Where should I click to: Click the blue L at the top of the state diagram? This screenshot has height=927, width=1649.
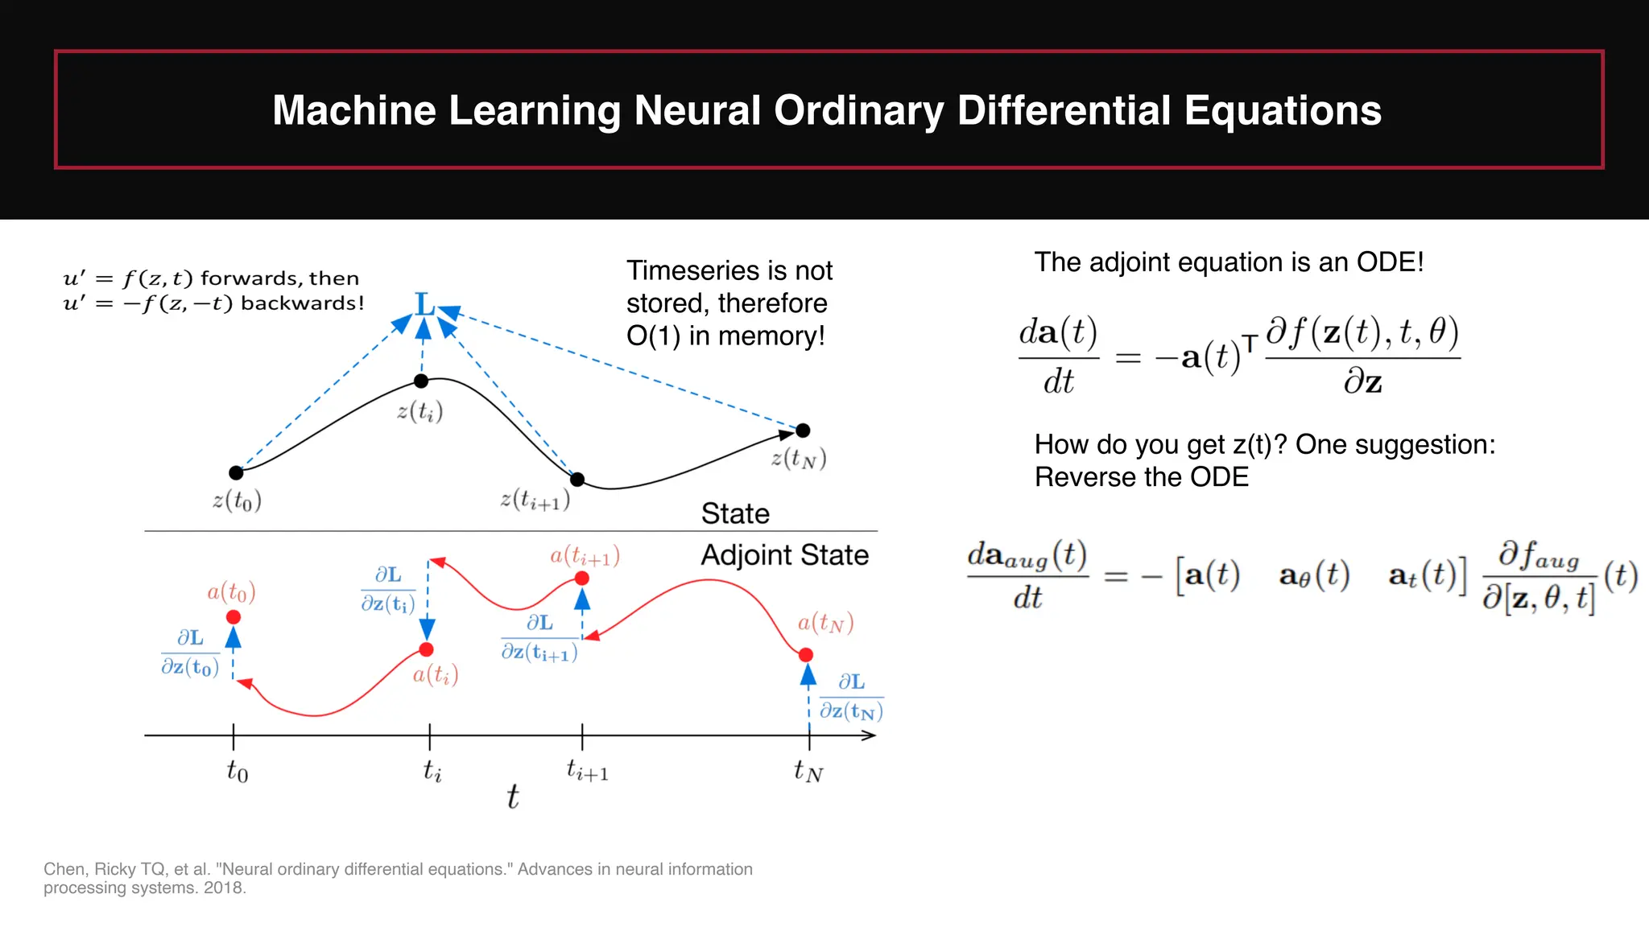click(x=424, y=305)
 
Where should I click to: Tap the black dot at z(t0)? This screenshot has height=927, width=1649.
click(x=236, y=472)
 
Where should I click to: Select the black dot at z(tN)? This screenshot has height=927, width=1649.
click(x=803, y=431)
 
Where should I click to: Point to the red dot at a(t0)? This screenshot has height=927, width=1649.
click(x=234, y=617)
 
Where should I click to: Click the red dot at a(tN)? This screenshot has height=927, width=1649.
click(x=806, y=655)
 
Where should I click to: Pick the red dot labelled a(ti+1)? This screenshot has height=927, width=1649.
click(x=582, y=579)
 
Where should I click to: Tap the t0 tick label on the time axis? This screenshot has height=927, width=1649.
click(x=237, y=771)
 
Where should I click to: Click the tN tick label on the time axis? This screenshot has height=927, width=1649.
click(x=808, y=771)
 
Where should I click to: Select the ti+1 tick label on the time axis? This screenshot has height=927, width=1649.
click(x=587, y=771)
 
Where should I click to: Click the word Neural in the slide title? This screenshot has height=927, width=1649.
click(x=696, y=110)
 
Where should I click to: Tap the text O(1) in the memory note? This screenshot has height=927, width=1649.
click(x=653, y=336)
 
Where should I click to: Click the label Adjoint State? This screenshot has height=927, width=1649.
click(x=784, y=555)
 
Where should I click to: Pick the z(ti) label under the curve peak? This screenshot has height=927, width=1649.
click(x=419, y=412)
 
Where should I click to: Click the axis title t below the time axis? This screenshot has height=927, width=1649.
click(x=513, y=797)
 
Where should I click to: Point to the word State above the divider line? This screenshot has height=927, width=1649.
click(x=735, y=513)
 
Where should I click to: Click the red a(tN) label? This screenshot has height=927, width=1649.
click(x=825, y=623)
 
